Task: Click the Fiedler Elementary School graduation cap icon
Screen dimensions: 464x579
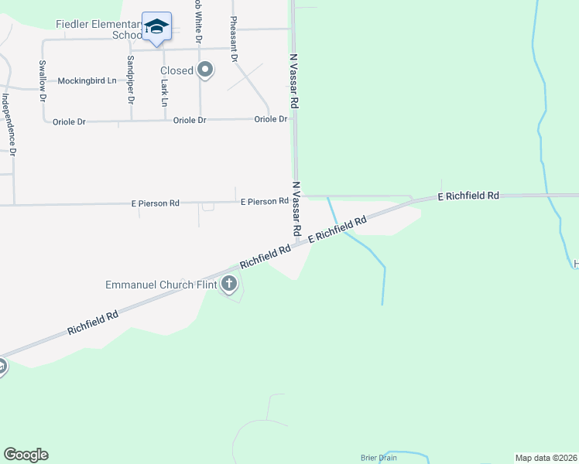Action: pos(157,28)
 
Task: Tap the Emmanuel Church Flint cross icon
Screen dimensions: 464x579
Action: pos(229,285)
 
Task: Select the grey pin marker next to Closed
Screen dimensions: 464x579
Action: pos(205,70)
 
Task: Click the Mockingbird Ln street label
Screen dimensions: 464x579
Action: pos(87,80)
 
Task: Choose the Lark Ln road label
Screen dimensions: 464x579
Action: pos(165,91)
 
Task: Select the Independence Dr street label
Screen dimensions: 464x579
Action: pos(9,125)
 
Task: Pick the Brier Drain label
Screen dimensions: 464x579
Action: pos(379,458)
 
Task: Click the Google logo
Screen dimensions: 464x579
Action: pos(26,455)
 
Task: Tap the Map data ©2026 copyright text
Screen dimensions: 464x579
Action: pos(546,458)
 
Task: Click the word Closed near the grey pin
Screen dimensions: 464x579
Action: pos(176,70)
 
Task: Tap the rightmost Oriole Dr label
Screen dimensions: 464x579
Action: pos(271,119)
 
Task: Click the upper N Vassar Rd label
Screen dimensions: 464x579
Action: pos(295,80)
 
